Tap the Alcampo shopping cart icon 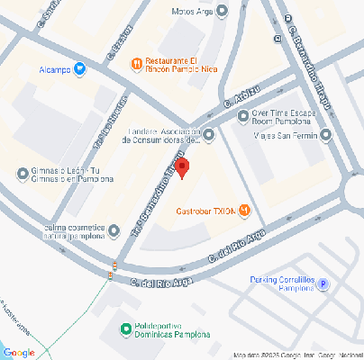(x=79, y=67)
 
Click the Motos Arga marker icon (x=223, y=12)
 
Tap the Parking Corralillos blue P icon (x=324, y=284)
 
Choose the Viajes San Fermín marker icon (x=325, y=136)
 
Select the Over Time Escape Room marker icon (x=241, y=115)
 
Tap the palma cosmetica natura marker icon (x=113, y=230)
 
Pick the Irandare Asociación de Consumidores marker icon (x=209, y=136)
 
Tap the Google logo (x=19, y=352)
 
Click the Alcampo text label (x=55, y=68)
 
